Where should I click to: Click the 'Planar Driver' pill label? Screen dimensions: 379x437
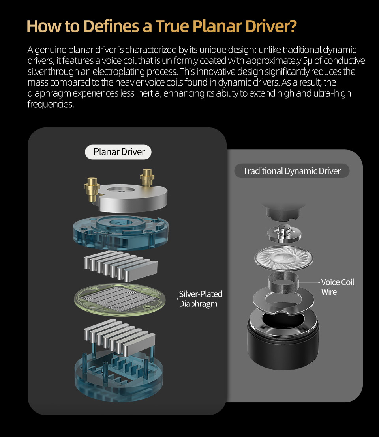[x=118, y=152]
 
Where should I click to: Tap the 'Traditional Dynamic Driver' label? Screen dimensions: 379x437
[x=292, y=171]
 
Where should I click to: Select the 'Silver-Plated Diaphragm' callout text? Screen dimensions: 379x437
[x=201, y=299]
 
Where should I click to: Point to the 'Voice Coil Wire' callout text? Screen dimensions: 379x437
[x=338, y=287]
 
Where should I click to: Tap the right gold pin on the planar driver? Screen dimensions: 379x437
[x=147, y=177]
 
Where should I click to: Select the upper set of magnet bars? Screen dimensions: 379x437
[x=120, y=265]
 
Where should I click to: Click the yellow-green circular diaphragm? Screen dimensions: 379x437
[x=120, y=299]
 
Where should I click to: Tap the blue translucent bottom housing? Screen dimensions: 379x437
[x=119, y=376]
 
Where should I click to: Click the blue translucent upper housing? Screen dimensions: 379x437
[x=121, y=233]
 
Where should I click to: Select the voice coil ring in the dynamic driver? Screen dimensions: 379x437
[x=283, y=282]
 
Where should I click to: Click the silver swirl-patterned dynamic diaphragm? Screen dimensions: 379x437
[x=283, y=259]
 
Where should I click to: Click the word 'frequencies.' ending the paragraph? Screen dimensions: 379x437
[x=51, y=104]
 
